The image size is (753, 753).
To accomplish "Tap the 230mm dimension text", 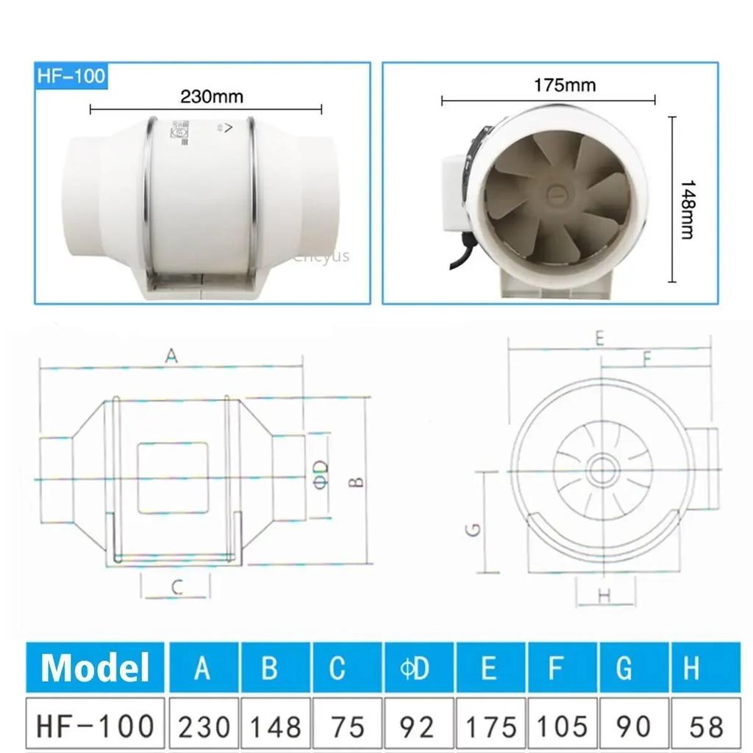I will [212, 96].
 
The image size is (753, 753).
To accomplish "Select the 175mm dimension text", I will [565, 85].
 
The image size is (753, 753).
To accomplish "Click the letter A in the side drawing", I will [171, 356].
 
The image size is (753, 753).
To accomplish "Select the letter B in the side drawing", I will [356, 482].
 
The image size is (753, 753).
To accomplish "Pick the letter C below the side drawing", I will [176, 587].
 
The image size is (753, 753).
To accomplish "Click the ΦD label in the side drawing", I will [319, 479].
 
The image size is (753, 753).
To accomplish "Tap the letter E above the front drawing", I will [599, 338].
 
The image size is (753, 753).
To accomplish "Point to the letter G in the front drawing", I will [474, 529].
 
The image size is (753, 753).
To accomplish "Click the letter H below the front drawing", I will [604, 596].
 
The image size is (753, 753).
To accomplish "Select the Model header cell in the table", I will [95, 668].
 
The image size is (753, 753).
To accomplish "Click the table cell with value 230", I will [204, 725].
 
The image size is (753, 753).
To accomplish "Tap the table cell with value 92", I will [418, 725].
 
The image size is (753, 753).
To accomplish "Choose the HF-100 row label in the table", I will [95, 725].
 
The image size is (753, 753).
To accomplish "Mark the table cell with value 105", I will [561, 725].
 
